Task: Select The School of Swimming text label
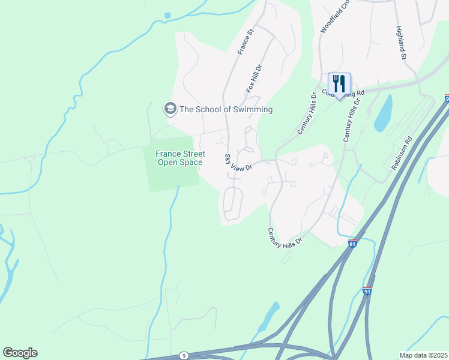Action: click(x=226, y=109)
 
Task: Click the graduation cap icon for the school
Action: click(x=170, y=109)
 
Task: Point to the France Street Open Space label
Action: click(x=180, y=158)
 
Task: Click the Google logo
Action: click(x=20, y=353)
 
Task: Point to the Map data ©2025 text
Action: click(x=423, y=355)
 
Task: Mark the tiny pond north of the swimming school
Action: click(x=167, y=15)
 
